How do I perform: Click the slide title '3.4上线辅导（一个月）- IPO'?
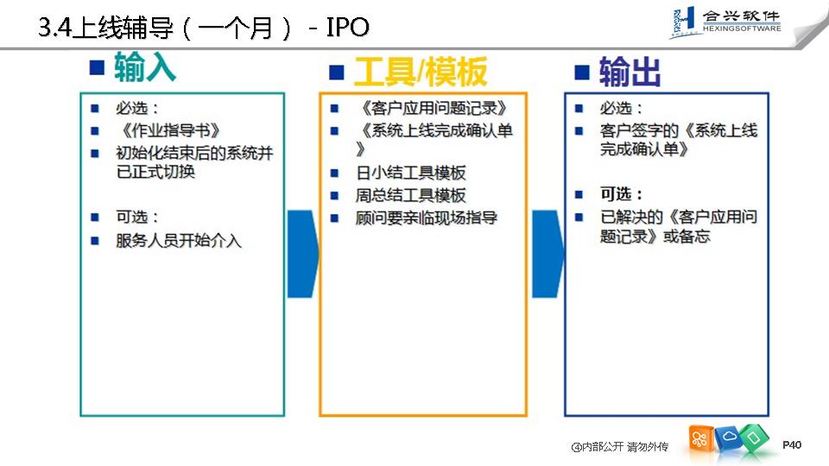(x=204, y=28)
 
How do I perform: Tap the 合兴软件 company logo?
(x=725, y=23)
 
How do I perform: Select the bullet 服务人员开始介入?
(x=179, y=241)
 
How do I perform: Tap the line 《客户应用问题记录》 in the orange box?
(x=431, y=109)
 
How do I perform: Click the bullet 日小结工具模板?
(x=410, y=173)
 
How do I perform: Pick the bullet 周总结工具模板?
(x=410, y=195)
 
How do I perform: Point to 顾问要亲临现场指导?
(x=427, y=217)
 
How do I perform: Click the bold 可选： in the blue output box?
(x=622, y=194)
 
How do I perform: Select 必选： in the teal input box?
(x=137, y=109)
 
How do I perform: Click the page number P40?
(x=792, y=445)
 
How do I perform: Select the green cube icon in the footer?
(x=753, y=437)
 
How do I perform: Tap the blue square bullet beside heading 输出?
(x=582, y=72)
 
